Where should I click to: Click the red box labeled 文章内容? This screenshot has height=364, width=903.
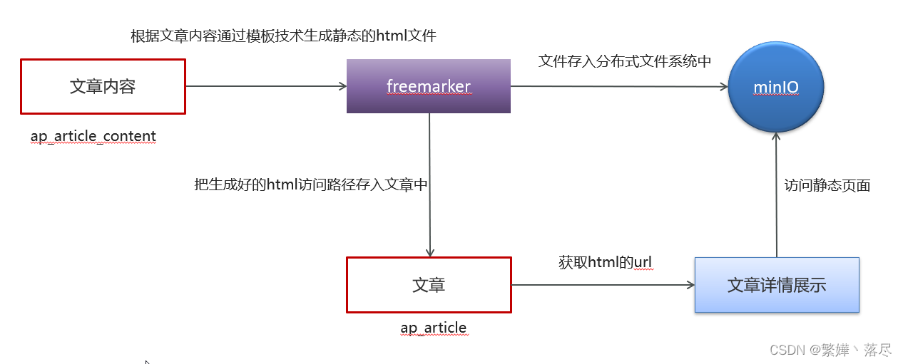(x=103, y=86)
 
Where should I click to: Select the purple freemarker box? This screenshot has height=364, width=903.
(x=428, y=86)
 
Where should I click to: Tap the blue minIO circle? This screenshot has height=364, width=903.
(x=776, y=88)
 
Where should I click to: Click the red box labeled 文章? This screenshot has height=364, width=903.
(x=429, y=285)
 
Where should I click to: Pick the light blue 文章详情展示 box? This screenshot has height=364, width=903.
(x=777, y=285)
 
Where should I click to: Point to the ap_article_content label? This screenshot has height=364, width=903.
(x=93, y=135)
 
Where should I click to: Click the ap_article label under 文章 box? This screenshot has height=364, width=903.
(x=433, y=328)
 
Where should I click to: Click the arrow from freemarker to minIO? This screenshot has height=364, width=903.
(x=619, y=87)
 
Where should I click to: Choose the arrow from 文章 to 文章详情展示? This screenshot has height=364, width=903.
(x=603, y=285)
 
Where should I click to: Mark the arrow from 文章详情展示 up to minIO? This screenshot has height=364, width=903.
(x=776, y=196)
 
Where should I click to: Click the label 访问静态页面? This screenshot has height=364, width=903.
(x=827, y=185)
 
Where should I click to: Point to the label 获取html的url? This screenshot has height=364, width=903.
(x=605, y=262)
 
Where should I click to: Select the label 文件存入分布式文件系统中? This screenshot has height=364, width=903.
(x=625, y=61)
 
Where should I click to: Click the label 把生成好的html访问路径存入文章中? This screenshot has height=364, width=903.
(x=311, y=184)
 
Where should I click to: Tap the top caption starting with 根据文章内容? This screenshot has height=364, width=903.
(x=283, y=36)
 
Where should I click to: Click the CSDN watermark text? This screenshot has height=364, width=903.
(x=830, y=350)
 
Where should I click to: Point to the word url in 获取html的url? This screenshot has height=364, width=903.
(x=643, y=262)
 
